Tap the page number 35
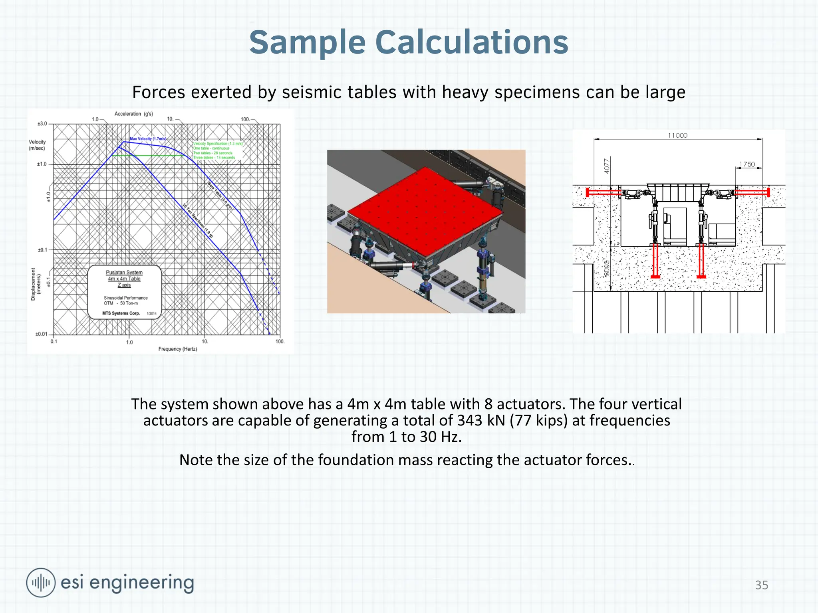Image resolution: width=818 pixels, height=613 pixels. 761,585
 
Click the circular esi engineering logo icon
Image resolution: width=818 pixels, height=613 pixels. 40,583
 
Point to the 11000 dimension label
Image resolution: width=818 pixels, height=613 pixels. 677,136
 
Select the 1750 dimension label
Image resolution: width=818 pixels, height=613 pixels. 747,164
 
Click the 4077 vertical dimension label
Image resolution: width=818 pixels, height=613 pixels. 607,166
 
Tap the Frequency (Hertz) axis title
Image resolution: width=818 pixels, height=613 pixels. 178,349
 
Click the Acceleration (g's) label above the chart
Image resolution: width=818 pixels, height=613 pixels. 133,114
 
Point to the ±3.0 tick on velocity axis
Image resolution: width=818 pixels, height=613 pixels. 42,124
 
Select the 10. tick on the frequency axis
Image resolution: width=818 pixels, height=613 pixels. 204,342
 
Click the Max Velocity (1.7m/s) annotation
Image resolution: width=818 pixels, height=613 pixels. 148,139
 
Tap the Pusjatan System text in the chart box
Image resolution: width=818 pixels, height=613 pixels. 124,273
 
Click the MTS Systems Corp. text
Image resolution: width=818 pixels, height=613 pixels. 121,313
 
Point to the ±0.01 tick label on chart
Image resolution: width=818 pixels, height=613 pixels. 41,334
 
